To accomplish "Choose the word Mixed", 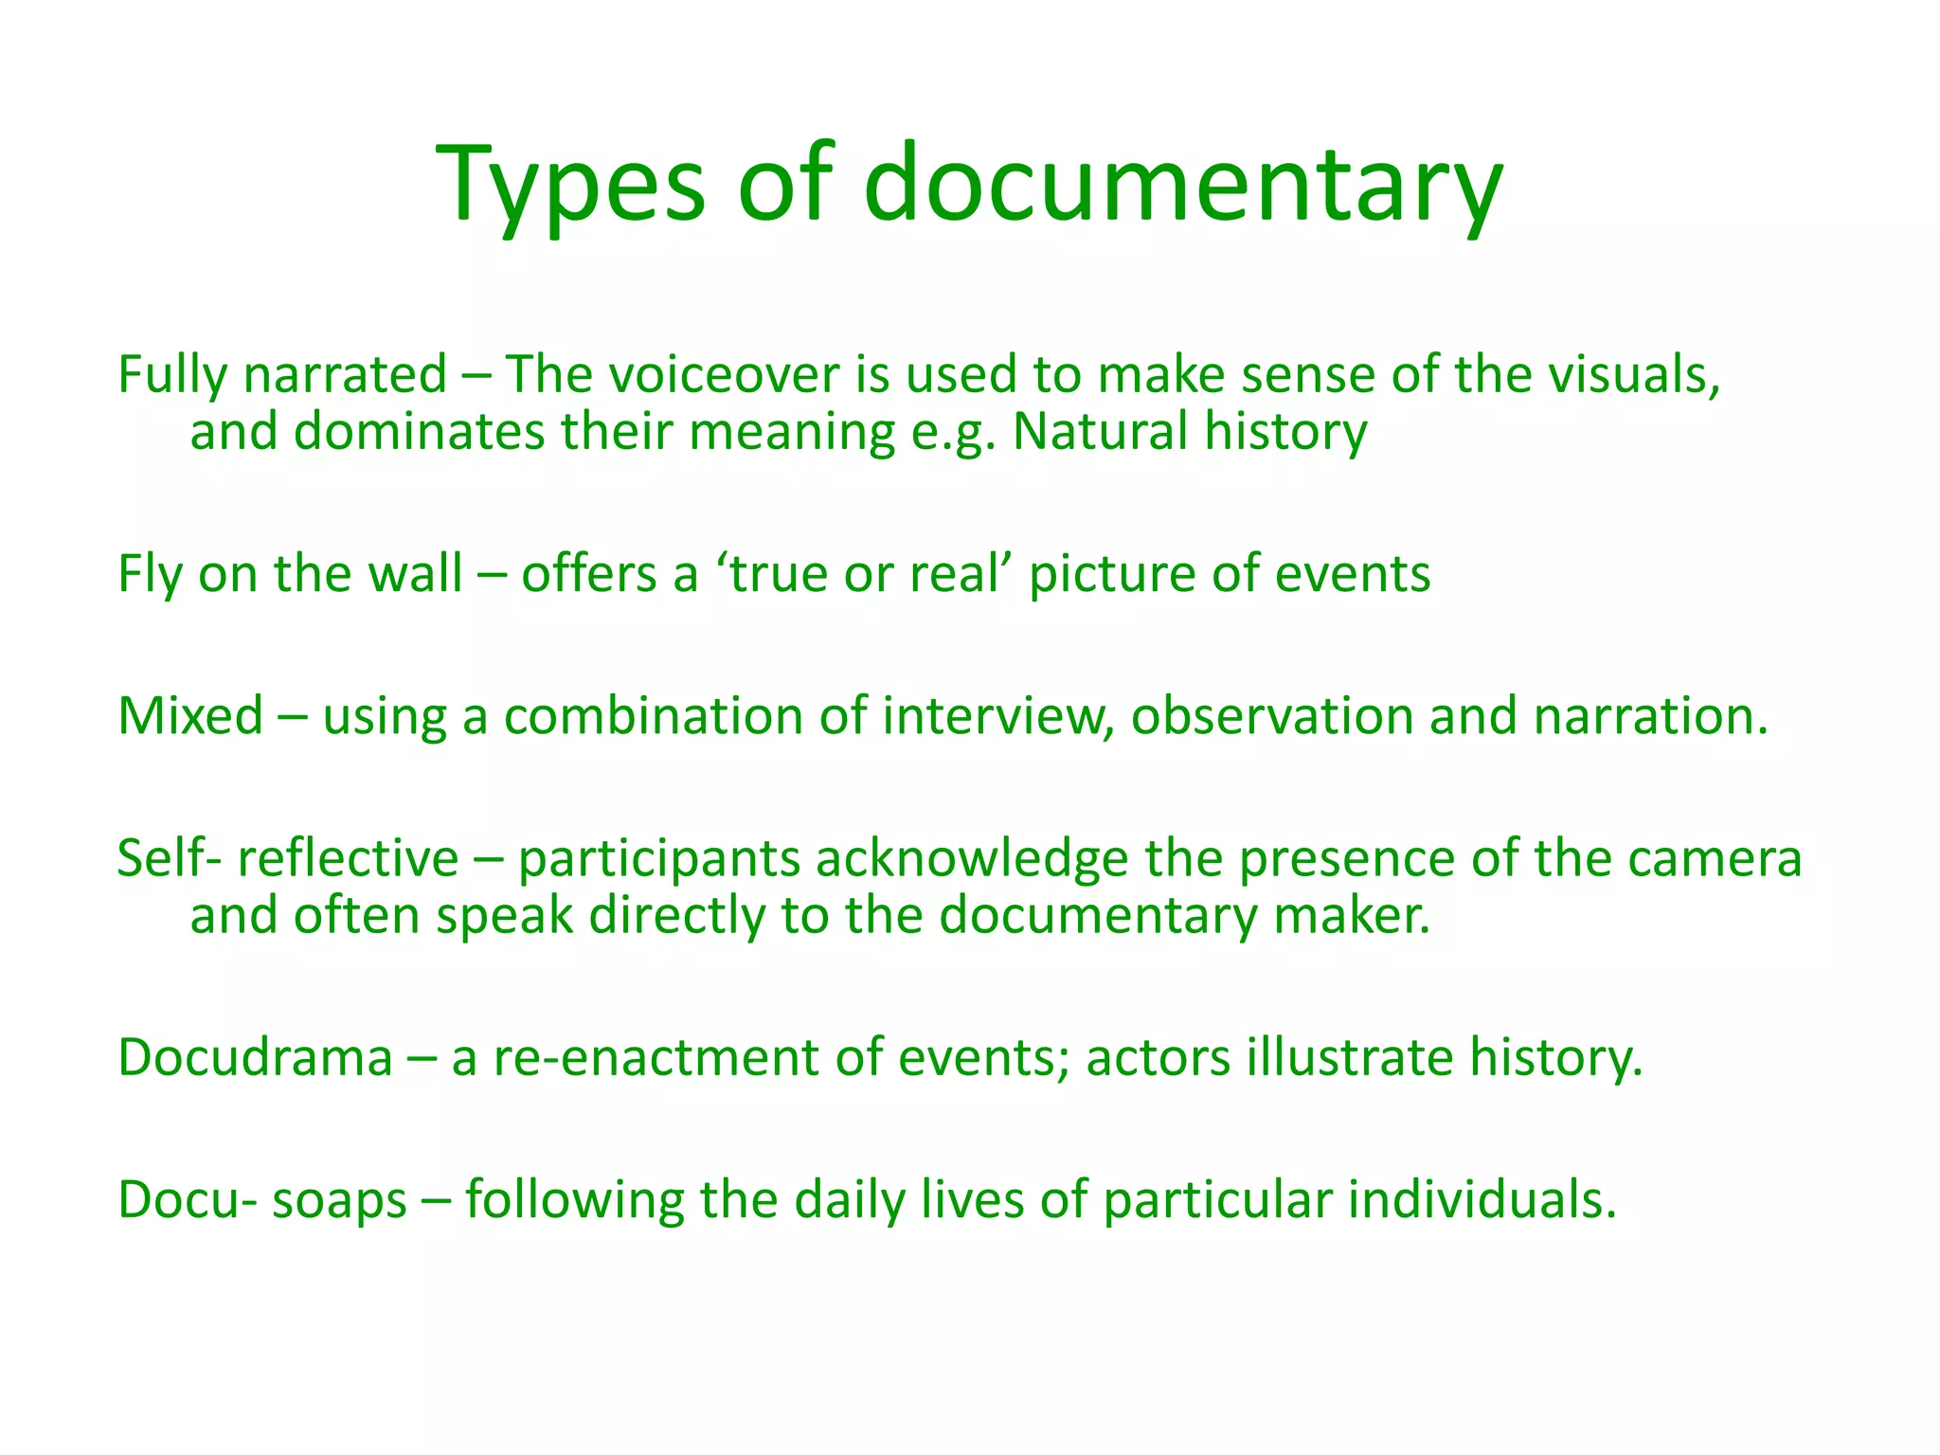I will point(189,715).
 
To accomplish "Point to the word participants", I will point(658,859).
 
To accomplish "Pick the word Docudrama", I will point(255,1057).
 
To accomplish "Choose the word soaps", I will point(339,1200).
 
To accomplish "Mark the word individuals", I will point(1482,1200).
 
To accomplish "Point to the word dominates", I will point(419,432).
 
